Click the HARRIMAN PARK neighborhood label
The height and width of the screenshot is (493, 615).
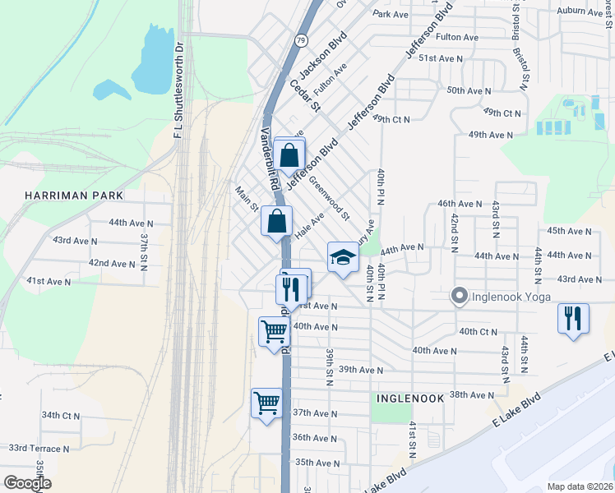point(74,196)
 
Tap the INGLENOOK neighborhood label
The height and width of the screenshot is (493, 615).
point(410,398)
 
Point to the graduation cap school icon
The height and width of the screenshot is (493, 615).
point(343,258)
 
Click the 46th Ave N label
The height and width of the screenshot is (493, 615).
point(460,203)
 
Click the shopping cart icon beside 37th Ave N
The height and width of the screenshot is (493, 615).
point(266,404)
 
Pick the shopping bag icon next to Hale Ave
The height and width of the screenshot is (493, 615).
point(277,221)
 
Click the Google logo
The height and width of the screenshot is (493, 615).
point(27,483)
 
